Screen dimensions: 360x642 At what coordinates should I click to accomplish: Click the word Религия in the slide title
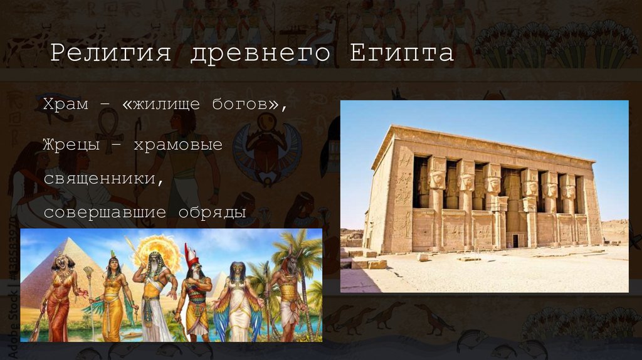pos(110,53)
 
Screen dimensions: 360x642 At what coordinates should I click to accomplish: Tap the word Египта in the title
pos(401,53)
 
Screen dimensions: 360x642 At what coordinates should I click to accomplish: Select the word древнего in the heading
pos(260,53)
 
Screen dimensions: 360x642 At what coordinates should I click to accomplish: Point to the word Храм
pos(66,103)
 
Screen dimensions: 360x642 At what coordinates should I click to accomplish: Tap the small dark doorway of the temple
pos(515,240)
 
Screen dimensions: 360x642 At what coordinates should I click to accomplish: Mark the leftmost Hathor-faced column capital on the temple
pos(436,180)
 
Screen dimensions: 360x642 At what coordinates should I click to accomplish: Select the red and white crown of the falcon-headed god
pos(191,255)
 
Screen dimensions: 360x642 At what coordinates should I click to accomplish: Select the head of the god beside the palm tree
pos(290,263)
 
